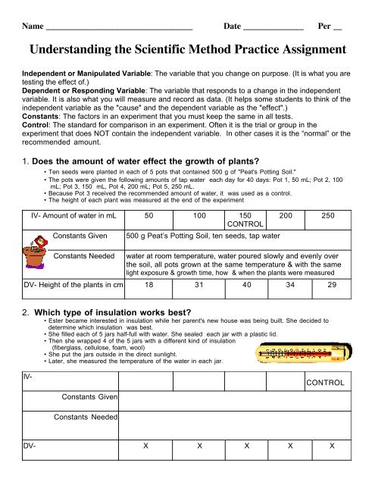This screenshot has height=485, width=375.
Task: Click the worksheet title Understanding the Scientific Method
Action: pos(187,49)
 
